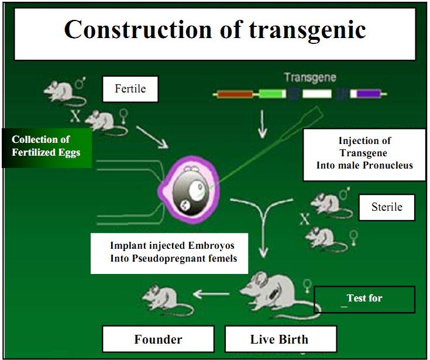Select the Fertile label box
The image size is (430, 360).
click(130, 90)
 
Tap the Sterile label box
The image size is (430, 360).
click(386, 207)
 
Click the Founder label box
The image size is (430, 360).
click(158, 339)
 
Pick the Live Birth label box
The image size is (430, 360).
click(280, 339)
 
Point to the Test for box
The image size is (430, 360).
click(364, 299)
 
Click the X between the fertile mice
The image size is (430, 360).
click(75, 115)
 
